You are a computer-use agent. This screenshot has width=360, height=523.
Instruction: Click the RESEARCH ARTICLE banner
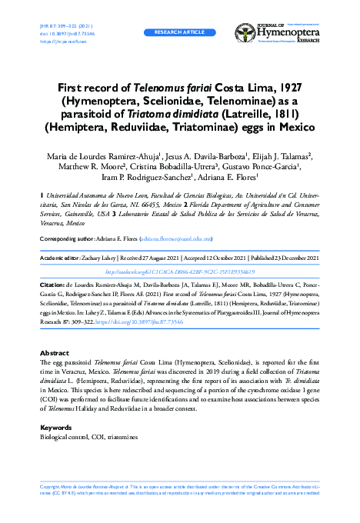click(x=179, y=34)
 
